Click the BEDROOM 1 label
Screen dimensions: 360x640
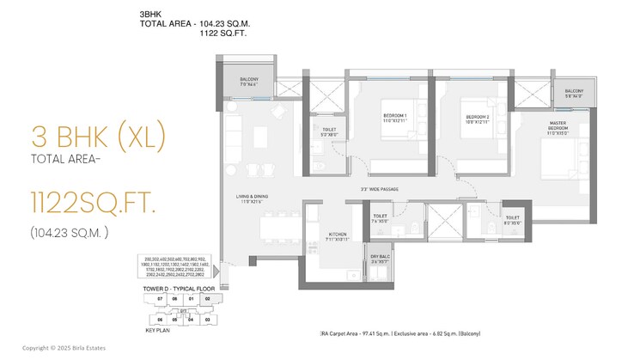pos(394,119)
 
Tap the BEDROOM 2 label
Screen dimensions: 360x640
pos(478,119)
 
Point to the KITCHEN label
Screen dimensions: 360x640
pos(338,234)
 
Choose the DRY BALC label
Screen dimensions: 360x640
pos(381,257)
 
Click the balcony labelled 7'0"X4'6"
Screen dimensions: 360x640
pos(255,82)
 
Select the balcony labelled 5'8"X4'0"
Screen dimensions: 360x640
pos(574,94)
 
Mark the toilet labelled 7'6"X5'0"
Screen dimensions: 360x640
pos(381,220)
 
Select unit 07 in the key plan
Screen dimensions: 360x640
pos(159,299)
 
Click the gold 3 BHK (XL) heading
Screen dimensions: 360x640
pos(96,137)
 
